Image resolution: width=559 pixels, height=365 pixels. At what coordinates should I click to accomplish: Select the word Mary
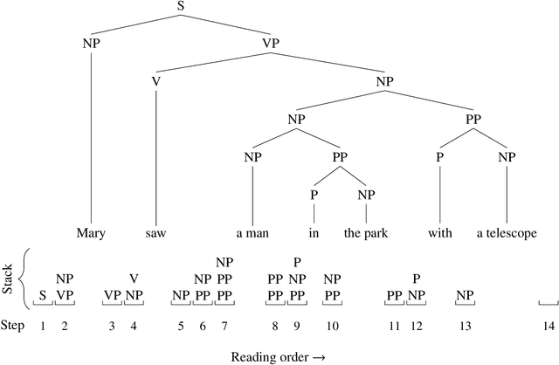click(x=91, y=234)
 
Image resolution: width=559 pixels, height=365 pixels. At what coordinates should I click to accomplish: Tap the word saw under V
click(x=155, y=234)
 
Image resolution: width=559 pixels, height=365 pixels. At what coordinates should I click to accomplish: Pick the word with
click(x=440, y=234)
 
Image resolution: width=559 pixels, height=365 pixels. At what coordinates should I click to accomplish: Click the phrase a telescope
click(x=506, y=234)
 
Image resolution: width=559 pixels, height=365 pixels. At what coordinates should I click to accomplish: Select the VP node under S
click(x=271, y=42)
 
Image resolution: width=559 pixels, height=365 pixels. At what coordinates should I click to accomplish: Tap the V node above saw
click(x=155, y=81)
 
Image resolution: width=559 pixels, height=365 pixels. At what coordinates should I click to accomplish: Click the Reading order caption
click(x=279, y=356)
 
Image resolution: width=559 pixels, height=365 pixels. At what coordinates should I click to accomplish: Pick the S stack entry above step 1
click(x=42, y=295)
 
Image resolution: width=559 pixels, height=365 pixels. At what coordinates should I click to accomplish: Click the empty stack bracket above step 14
click(x=548, y=303)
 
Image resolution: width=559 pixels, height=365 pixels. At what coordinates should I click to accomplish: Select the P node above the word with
click(x=440, y=157)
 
